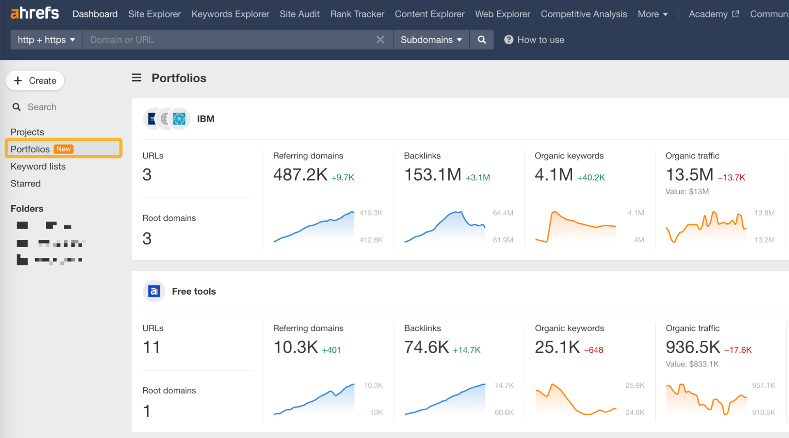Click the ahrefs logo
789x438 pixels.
pyautogui.click(x=35, y=13)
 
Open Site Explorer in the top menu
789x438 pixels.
pyautogui.click(x=154, y=14)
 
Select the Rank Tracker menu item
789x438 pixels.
pyautogui.click(x=357, y=14)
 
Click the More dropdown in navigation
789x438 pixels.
pyautogui.click(x=652, y=14)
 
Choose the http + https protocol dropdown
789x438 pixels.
pyautogui.click(x=46, y=40)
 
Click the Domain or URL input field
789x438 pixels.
pyautogui.click(x=229, y=40)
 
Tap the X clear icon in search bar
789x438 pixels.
pyautogui.click(x=380, y=40)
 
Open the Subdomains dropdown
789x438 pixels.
pyautogui.click(x=431, y=40)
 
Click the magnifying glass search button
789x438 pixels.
pyautogui.click(x=482, y=40)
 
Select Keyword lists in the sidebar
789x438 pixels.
pyautogui.click(x=38, y=166)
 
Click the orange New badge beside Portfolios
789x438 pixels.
pyautogui.click(x=64, y=149)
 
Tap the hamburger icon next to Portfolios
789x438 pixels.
pyautogui.click(x=136, y=78)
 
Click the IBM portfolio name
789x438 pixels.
pyautogui.click(x=206, y=119)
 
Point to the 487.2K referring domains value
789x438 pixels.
pyautogui.click(x=300, y=175)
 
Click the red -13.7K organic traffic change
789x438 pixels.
pyautogui.click(x=731, y=178)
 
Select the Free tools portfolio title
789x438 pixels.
pyautogui.click(x=194, y=291)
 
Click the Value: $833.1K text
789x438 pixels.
pyautogui.click(x=692, y=364)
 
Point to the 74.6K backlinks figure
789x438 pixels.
pyautogui.click(x=426, y=347)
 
